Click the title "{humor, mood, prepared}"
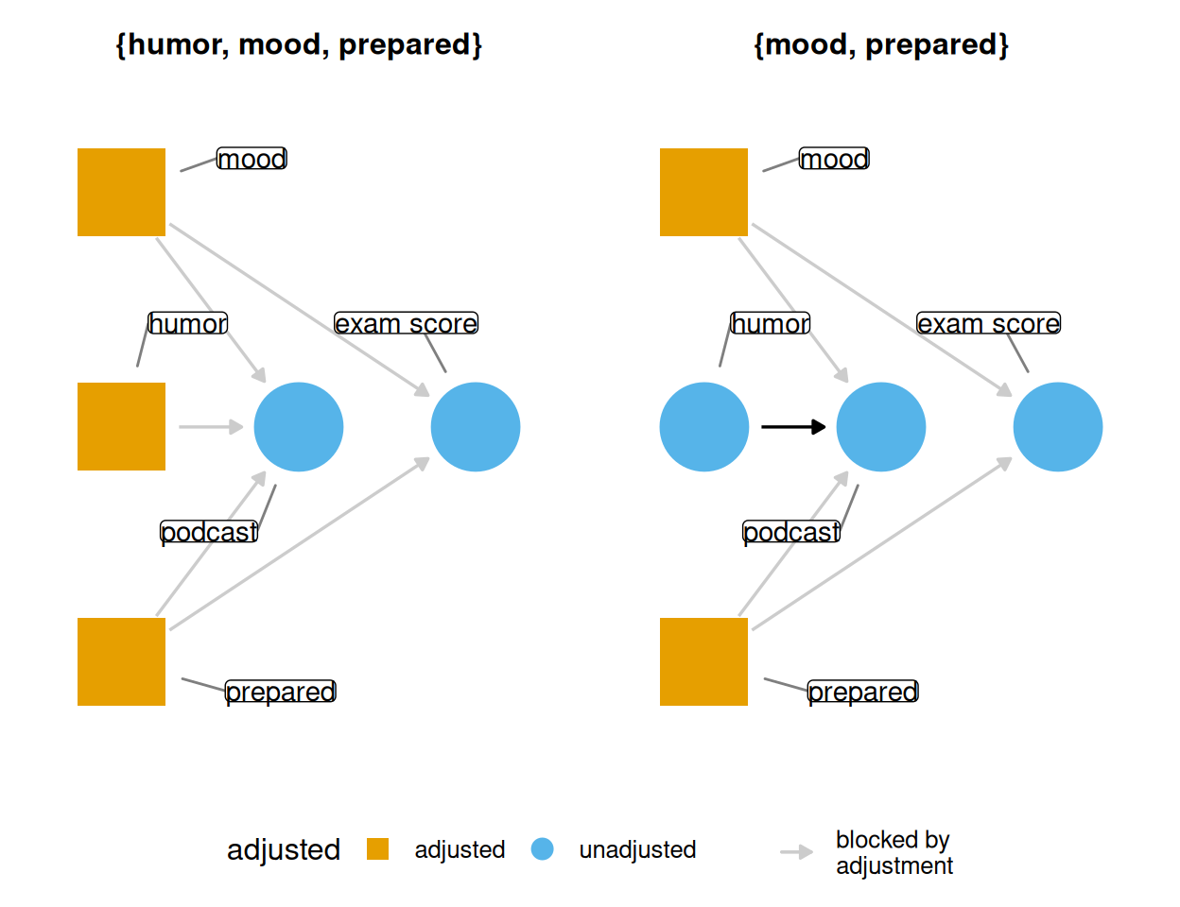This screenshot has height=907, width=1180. [x=299, y=44]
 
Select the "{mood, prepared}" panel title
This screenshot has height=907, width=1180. [x=881, y=44]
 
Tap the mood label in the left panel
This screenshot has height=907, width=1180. [x=252, y=159]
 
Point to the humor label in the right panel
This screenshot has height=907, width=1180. [x=770, y=323]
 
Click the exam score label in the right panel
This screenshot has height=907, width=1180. [x=988, y=323]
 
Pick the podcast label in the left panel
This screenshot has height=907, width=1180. [x=209, y=532]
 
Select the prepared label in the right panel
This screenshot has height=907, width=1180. [x=863, y=692]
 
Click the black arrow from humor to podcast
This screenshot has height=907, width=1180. [x=793, y=427]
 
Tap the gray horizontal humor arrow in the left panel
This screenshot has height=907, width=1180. [x=211, y=427]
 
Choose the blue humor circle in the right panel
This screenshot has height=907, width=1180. [x=703, y=427]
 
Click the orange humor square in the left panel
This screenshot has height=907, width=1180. [x=121, y=426]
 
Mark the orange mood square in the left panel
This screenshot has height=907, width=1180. [x=121, y=192]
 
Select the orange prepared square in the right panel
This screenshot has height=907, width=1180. [x=703, y=661]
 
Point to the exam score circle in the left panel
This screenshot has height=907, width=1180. [x=476, y=427]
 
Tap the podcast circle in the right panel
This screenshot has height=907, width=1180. [x=881, y=427]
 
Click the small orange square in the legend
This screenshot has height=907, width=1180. [x=377, y=849]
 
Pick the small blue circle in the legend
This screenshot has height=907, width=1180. [x=542, y=849]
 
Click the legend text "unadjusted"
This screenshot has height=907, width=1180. [x=637, y=849]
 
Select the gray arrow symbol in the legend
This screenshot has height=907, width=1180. [x=797, y=852]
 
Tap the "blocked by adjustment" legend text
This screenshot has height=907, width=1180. [x=894, y=852]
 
